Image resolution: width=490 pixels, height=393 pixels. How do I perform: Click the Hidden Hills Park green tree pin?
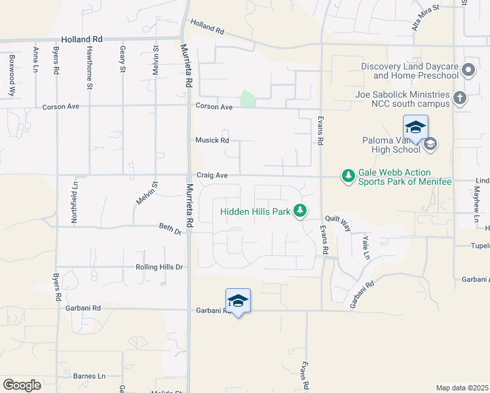click(x=300, y=210)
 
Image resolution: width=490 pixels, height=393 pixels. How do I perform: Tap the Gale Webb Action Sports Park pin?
click(x=348, y=176)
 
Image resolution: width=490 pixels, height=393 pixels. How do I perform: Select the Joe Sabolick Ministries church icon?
click(x=461, y=99)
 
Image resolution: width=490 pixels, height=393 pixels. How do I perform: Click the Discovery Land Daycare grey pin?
click(x=468, y=70)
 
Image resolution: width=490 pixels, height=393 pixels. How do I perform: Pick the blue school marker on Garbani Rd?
click(x=238, y=301)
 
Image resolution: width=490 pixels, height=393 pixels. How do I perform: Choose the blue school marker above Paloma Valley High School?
click(x=415, y=128)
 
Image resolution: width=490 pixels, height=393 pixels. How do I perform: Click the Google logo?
click(x=22, y=384)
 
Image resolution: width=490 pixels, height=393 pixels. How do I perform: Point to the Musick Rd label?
click(x=212, y=140)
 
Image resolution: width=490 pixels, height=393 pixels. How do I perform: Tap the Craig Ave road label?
click(x=212, y=176)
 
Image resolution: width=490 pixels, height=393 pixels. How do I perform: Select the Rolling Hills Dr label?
click(x=159, y=267)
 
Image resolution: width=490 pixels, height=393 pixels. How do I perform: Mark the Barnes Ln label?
click(x=89, y=376)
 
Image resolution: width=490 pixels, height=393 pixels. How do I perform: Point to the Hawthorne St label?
click(x=88, y=63)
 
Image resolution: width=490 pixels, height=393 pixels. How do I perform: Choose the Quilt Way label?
click(x=337, y=223)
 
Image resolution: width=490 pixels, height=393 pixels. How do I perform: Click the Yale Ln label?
click(x=366, y=246)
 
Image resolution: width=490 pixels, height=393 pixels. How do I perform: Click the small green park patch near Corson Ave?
click(x=248, y=99)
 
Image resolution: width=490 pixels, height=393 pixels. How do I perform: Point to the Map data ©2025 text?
click(x=462, y=388)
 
